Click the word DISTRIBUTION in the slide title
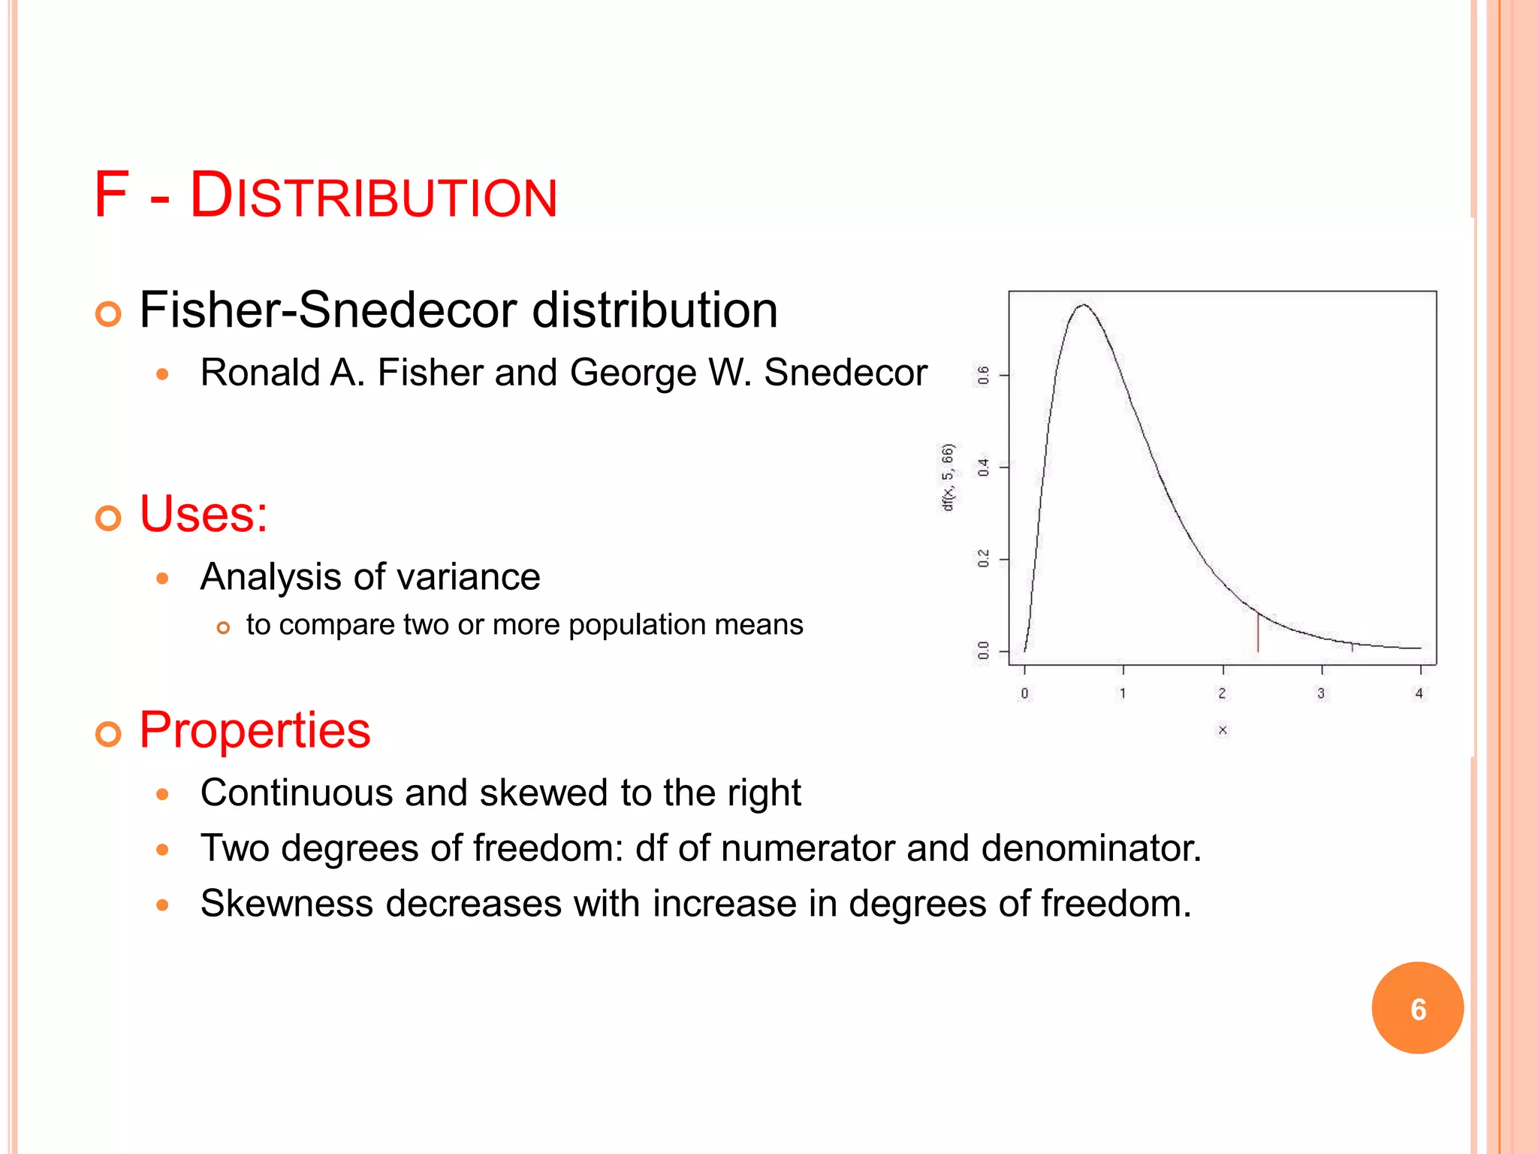373,197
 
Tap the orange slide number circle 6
1417,1008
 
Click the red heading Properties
255,730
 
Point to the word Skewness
287,903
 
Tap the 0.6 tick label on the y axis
983,375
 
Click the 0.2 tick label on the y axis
983,559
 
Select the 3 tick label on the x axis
1321,693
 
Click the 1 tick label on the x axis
1123,693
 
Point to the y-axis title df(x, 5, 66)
948,478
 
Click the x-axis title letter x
1223,730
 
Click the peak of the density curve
1083,305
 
